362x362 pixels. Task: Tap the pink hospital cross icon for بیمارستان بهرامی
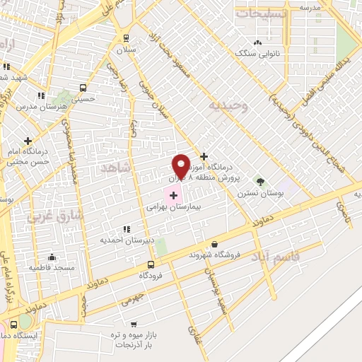[173, 193]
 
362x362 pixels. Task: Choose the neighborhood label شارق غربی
[55, 215]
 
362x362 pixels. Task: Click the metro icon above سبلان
[126, 38]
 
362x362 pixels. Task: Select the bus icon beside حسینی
[83, 88]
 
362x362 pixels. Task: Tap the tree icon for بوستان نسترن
[259, 181]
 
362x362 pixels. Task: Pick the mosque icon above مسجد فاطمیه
[52, 257]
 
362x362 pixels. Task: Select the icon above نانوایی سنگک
[266, 42]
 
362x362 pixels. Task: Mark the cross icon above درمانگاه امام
[28, 141]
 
